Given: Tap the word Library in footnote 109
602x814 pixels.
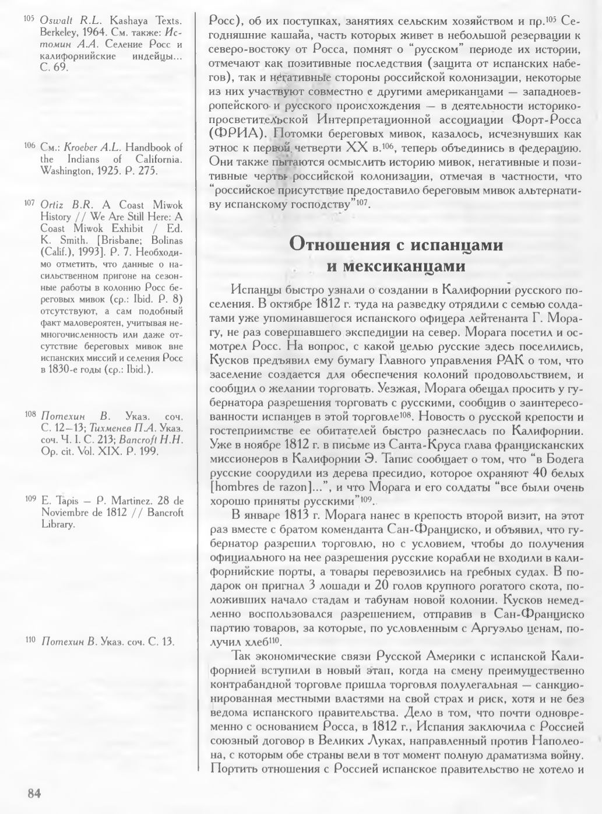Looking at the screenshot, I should [x=58, y=524].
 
